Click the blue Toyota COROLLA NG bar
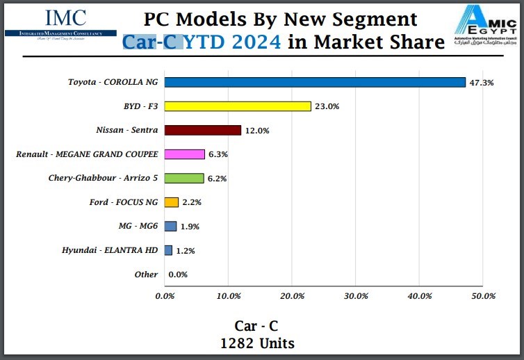click(315, 82)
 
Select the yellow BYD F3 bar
click(238, 106)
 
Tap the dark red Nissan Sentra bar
click(203, 130)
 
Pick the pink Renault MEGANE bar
click(185, 154)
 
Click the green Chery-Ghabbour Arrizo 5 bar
click(184, 178)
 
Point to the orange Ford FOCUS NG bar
click(172, 202)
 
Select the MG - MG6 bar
click(171, 226)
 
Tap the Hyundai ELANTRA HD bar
click(169, 250)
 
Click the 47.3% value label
click(482, 83)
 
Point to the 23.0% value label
click(326, 106)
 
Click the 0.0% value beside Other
click(178, 275)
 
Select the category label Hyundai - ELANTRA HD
click(110, 250)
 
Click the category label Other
click(146, 275)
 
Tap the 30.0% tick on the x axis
click(356, 296)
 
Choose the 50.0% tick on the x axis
click(483, 296)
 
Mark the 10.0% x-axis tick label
click(229, 296)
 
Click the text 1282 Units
click(257, 343)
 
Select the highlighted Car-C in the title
click(153, 42)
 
